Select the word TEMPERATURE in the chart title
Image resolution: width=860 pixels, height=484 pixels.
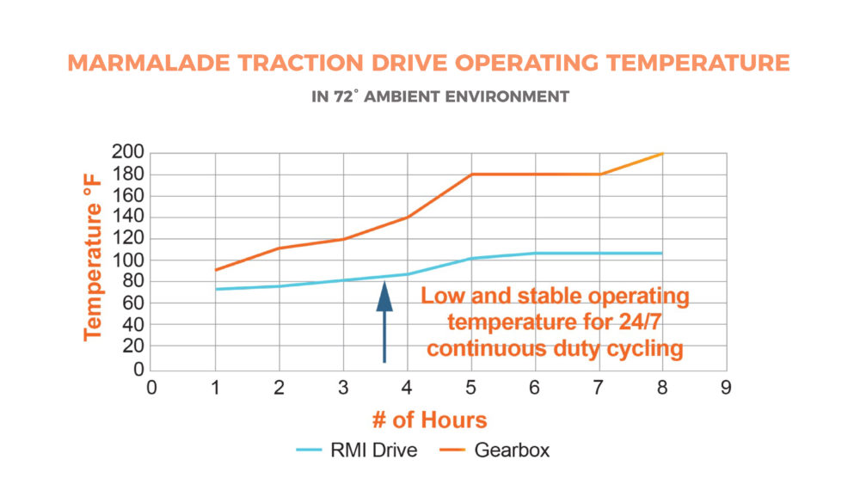coord(697,63)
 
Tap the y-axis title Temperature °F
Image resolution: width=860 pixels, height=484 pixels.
coord(93,258)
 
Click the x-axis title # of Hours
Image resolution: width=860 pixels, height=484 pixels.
coord(429,420)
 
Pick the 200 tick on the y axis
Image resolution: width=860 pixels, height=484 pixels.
coord(127,152)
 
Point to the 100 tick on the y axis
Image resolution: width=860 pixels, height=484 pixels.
coord(127,260)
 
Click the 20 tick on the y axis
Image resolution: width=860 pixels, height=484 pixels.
coord(132,346)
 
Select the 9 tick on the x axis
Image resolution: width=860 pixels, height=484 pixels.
coord(726,388)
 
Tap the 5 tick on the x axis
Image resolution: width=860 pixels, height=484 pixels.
coord(470,388)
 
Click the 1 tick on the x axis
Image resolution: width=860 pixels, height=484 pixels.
coord(215,388)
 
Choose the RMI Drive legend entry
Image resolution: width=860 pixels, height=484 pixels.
coord(357,450)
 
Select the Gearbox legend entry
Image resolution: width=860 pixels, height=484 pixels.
coord(494,450)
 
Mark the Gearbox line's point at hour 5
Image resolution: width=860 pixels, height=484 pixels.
coord(471,175)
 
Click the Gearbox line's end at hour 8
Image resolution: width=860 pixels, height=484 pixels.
coord(662,154)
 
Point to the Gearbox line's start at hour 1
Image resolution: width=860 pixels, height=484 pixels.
coord(216,270)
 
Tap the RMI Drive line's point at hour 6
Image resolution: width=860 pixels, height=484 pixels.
coord(535,254)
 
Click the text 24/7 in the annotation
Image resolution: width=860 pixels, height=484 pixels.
coord(640,322)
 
